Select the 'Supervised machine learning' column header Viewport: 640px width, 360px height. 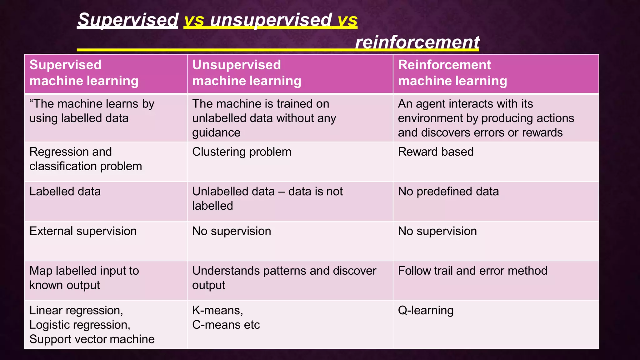[x=84, y=73]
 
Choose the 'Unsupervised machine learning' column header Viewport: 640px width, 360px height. [x=247, y=73]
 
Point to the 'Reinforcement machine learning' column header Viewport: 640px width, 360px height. [x=452, y=73]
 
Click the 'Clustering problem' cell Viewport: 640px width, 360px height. [x=242, y=152]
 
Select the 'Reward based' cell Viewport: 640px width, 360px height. [x=436, y=152]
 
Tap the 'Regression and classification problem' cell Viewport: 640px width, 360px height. [x=86, y=159]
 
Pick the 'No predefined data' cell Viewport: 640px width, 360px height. [x=448, y=192]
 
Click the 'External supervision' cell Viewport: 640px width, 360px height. [x=83, y=231]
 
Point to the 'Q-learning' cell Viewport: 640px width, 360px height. [x=426, y=311]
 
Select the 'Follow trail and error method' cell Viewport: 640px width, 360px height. [x=472, y=271]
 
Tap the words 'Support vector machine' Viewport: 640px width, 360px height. [x=92, y=339]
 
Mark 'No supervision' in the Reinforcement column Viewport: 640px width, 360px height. [x=437, y=231]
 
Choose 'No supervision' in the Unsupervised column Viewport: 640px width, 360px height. [x=232, y=231]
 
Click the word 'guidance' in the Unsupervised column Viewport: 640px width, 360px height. [x=216, y=133]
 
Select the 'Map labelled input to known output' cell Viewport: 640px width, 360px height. [x=84, y=278]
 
